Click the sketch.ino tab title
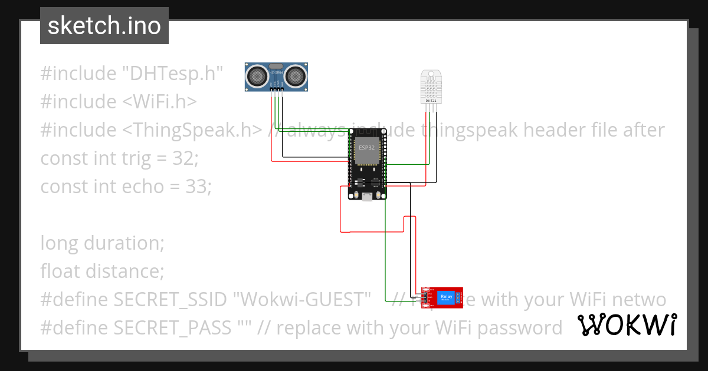[104, 26]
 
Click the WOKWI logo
[627, 325]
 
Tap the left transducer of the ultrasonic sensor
[257, 75]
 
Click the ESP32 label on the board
[366, 147]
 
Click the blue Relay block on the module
[446, 298]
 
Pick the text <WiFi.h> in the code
[159, 102]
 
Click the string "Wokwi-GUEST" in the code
[301, 300]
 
